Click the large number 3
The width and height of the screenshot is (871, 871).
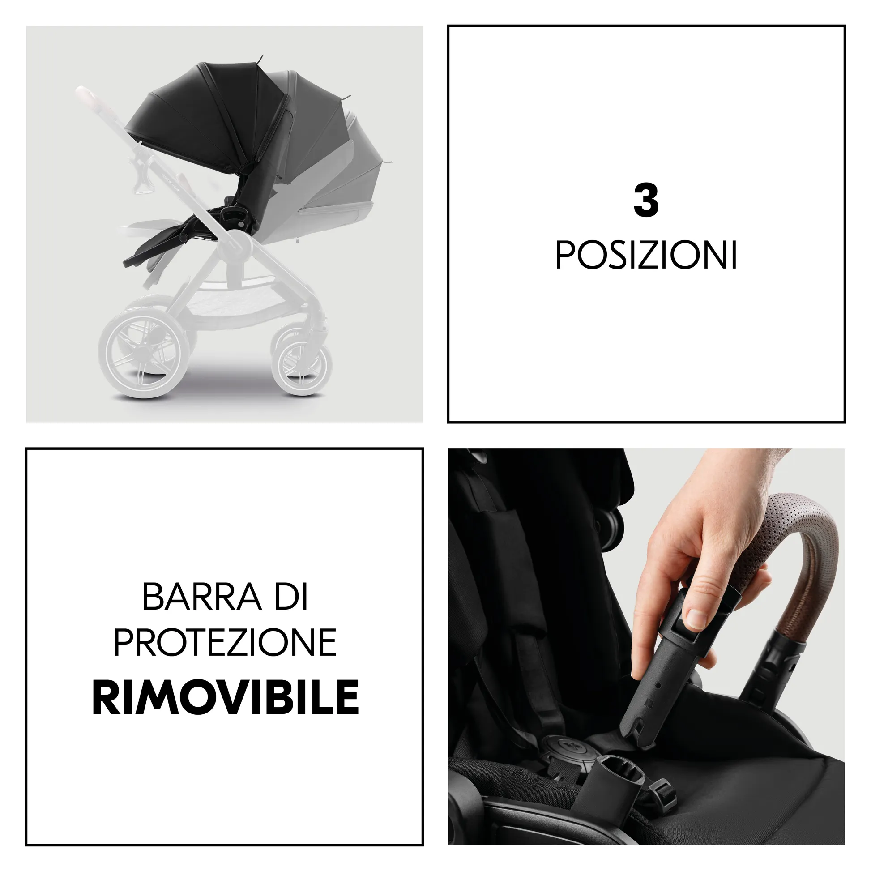click(x=645, y=201)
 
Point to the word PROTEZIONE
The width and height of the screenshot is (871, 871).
click(x=225, y=642)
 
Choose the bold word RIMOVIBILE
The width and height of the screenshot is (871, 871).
click(x=225, y=697)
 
